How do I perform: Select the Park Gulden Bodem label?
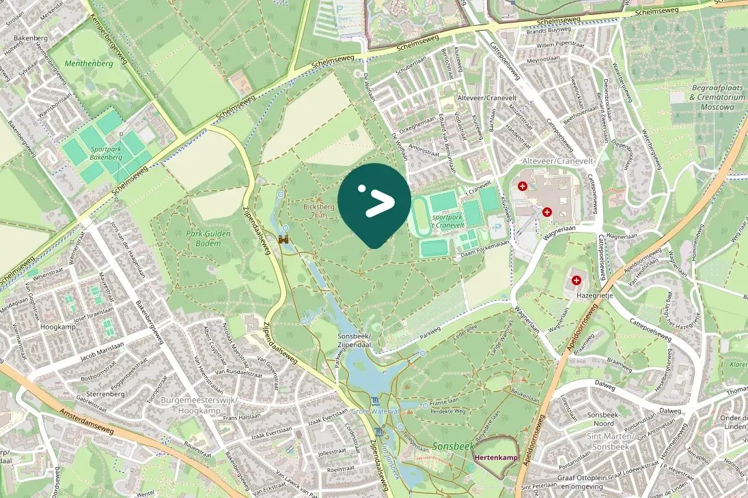208,238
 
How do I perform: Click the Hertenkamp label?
496,457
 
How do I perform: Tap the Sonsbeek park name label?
453,445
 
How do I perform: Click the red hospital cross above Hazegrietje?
577,280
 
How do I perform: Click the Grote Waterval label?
374,411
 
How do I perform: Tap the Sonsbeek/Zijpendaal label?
354,341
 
